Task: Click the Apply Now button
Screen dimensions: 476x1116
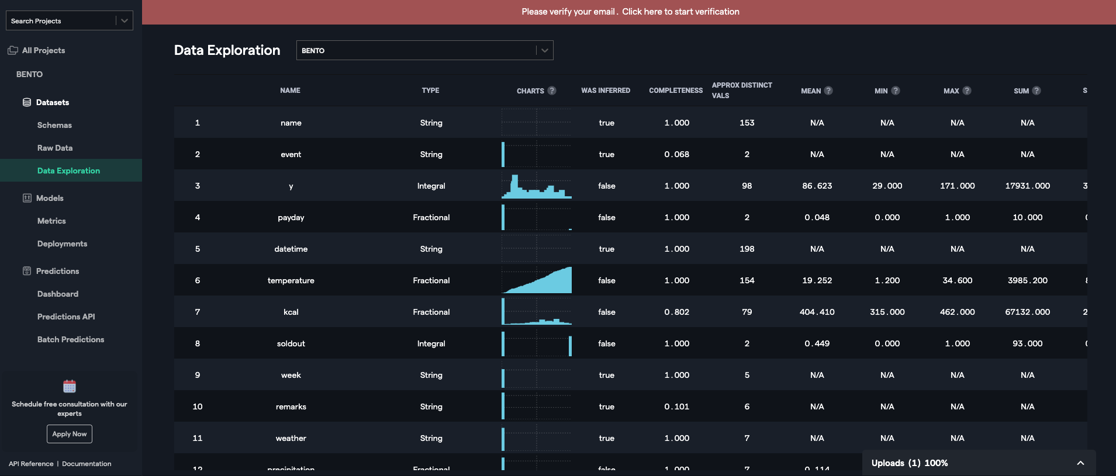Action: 70,434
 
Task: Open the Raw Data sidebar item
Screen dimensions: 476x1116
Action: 55,148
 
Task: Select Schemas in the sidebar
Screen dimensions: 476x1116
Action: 54,125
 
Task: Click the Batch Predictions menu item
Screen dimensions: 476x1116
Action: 71,339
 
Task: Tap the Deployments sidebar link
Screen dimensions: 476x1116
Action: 62,244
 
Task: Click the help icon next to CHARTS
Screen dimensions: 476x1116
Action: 552,91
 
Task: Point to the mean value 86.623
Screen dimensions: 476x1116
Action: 817,186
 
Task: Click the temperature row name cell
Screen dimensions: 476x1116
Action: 291,280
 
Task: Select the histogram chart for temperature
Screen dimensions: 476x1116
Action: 537,280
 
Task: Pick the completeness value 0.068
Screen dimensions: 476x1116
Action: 676,154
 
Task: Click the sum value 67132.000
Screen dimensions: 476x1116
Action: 1027,312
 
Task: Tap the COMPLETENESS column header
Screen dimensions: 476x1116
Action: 676,91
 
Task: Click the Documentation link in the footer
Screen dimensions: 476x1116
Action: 87,464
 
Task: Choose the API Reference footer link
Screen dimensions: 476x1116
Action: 31,464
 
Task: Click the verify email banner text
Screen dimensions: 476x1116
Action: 630,12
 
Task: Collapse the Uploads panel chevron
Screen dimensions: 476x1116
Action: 1080,463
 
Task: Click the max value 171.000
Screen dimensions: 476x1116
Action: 957,186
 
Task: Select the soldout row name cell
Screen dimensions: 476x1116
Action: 291,343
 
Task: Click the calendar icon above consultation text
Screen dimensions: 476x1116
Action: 70,386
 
